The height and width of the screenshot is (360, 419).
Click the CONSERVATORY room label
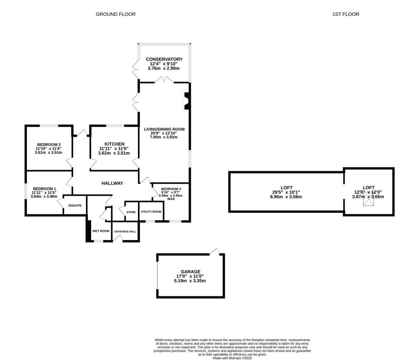(x=164, y=59)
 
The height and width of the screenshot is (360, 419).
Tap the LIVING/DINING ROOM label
(x=164, y=129)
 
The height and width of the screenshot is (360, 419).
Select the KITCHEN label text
(x=114, y=144)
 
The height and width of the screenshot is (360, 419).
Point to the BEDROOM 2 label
(x=49, y=144)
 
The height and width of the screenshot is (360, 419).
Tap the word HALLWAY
(x=112, y=183)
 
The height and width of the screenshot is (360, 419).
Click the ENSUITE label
(x=75, y=205)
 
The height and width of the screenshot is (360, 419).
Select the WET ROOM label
(x=101, y=231)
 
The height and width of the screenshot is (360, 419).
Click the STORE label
(x=131, y=212)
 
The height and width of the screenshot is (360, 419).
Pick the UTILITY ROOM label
(x=151, y=212)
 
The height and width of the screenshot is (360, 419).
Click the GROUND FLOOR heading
(x=115, y=14)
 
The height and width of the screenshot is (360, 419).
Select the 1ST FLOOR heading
(x=346, y=14)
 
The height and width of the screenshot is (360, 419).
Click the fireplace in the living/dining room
(x=186, y=101)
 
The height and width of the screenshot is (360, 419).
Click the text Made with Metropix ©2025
(x=232, y=358)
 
